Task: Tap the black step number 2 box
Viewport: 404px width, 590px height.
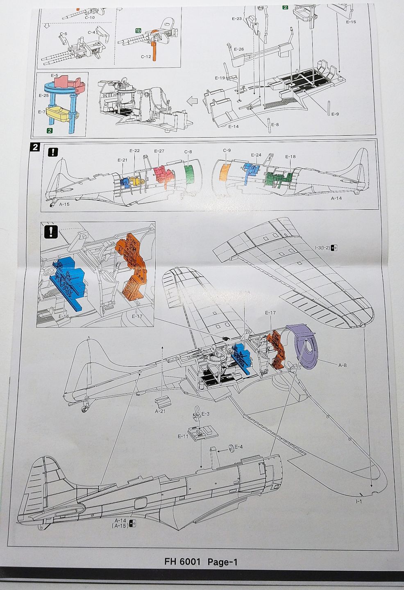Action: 36,147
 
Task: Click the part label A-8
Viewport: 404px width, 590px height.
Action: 343,364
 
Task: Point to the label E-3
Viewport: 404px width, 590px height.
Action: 205,414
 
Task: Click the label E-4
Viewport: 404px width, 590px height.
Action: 238,446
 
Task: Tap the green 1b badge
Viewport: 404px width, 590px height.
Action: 138,30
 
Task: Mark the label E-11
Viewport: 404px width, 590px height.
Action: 183,436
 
